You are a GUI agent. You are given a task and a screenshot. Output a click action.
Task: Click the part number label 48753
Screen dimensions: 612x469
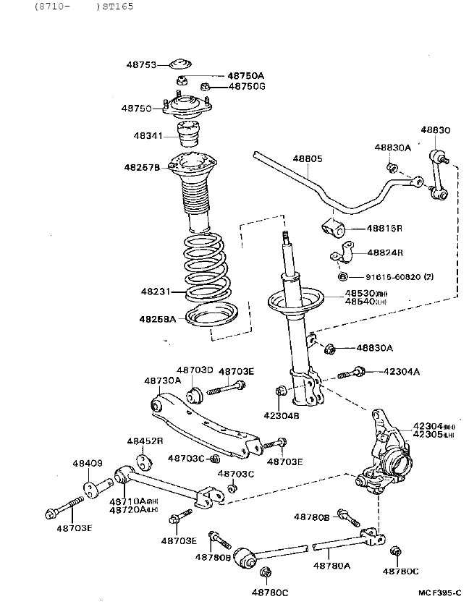142,65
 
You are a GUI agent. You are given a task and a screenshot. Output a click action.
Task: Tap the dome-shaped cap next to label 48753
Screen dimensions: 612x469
180,64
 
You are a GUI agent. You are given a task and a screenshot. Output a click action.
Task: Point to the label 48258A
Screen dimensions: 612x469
157,318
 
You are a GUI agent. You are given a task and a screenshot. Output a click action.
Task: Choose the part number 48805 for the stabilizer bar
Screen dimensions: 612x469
308,158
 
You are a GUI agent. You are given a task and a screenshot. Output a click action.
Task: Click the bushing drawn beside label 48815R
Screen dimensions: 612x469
332,229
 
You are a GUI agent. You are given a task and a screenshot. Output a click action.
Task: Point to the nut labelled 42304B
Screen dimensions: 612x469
282,392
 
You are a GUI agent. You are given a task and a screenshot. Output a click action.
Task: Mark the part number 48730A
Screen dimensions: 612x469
162,381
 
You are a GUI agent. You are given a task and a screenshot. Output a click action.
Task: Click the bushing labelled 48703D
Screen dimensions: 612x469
195,395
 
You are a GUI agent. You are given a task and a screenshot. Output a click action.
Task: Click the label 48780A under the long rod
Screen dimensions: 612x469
331,566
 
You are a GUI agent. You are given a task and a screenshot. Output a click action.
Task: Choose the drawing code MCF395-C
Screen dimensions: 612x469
439,592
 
